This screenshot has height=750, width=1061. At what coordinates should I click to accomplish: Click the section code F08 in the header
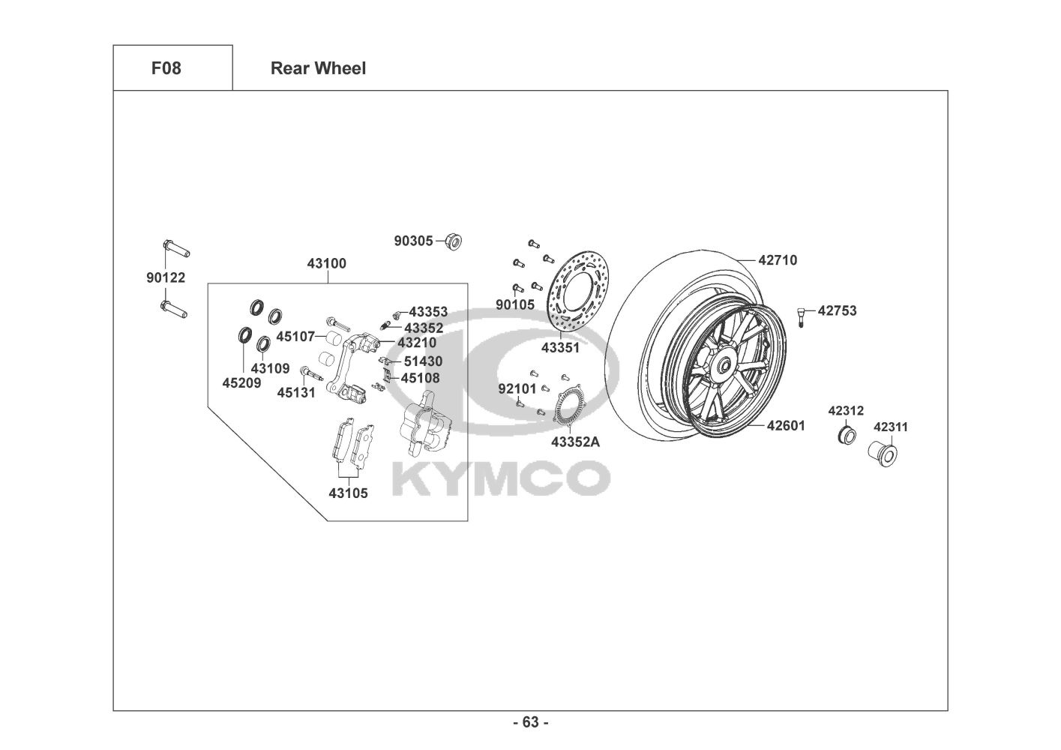pos(166,68)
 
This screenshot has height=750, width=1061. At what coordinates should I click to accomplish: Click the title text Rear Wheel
pos(318,68)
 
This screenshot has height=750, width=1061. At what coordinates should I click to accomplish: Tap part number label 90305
pos(414,241)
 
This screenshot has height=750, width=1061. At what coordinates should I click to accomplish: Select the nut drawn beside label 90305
pos(453,241)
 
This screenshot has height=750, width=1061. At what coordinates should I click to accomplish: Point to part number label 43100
pos(327,263)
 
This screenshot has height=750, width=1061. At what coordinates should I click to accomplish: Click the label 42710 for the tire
pos(778,260)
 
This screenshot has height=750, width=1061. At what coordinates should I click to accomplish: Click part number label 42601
pos(785,425)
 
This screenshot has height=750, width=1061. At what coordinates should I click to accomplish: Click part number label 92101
pos(517,388)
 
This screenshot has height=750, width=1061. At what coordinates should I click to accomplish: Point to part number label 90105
pos(515,305)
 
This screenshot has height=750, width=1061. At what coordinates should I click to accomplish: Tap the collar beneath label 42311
pos(883,454)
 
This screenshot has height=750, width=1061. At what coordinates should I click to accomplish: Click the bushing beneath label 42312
pos(847,434)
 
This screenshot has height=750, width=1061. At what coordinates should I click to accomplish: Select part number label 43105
pos(348,493)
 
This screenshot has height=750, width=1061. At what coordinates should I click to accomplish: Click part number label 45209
pos(242,382)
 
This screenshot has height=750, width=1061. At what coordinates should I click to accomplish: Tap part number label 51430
pos(423,361)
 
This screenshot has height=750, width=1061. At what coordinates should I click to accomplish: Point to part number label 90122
pos(166,277)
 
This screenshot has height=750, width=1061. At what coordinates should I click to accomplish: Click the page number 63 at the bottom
pos(530,722)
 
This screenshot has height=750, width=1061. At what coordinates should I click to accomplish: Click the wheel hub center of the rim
pos(725,366)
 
